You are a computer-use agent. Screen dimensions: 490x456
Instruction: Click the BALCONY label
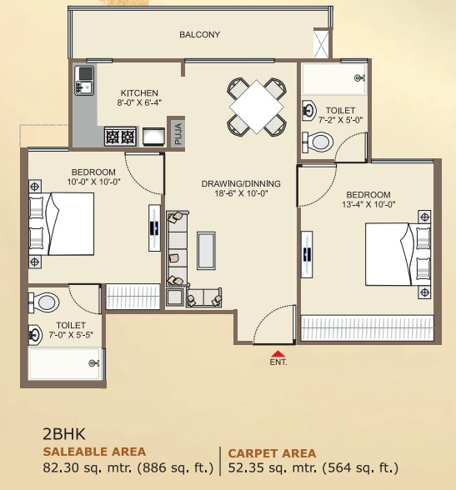199,35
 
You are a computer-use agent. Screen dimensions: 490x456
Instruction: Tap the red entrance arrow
278,353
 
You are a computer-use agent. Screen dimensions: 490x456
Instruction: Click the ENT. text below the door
278,363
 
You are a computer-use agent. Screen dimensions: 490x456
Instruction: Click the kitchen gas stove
119,136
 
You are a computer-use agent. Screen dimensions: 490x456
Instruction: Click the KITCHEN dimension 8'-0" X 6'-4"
139,103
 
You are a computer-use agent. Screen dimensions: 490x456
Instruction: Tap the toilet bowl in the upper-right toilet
320,142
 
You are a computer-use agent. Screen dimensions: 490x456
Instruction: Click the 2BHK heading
64,433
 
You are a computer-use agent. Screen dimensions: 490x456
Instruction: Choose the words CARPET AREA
272,453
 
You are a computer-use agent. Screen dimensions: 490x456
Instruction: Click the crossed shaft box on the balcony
321,42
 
